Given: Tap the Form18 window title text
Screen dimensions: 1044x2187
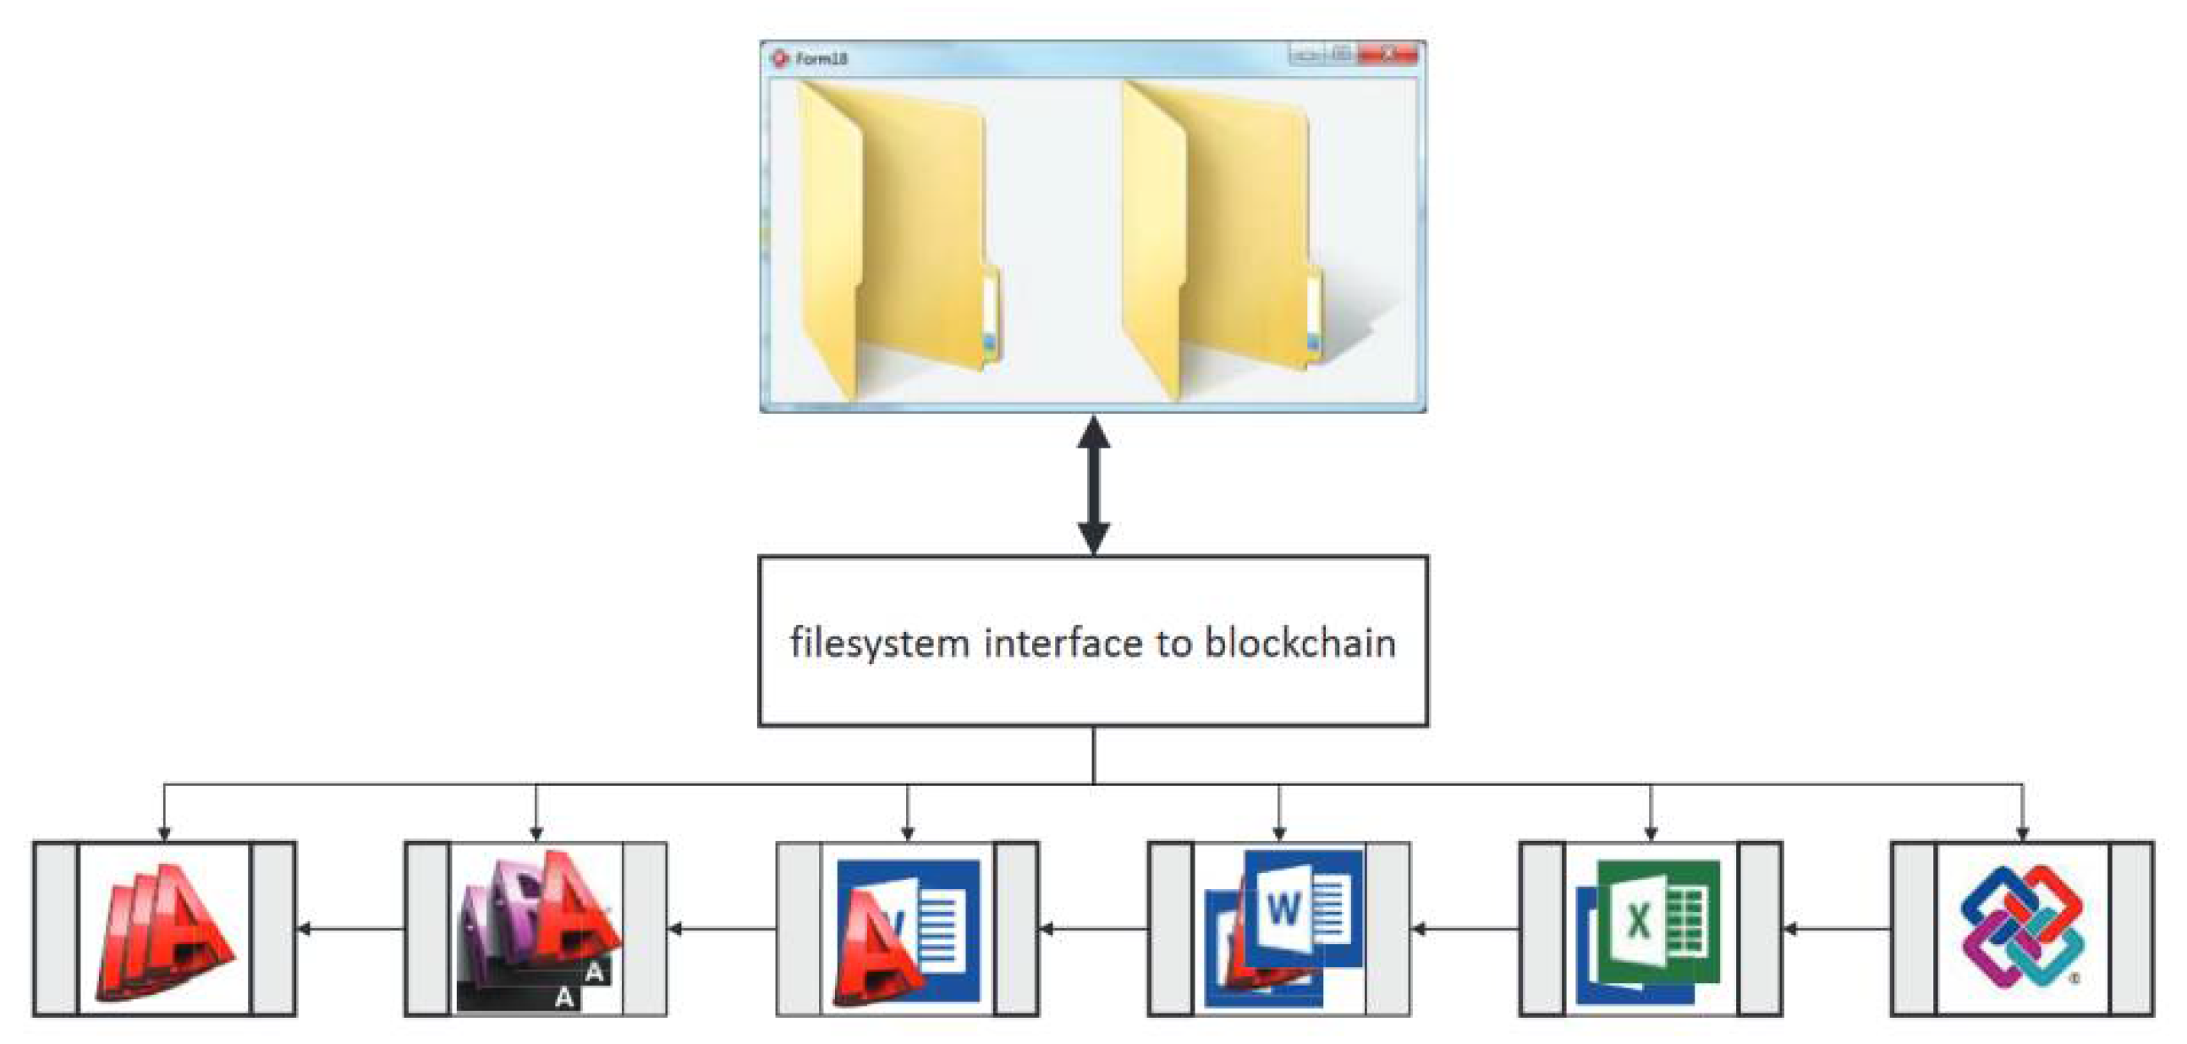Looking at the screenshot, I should (x=821, y=58).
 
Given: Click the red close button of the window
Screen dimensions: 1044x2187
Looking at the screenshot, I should (x=1387, y=54).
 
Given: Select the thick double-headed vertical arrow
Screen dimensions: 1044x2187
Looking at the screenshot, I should (x=1093, y=485).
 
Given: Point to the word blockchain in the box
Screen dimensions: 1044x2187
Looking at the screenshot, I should (x=1300, y=642).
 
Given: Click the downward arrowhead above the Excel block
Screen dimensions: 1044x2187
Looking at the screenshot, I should (x=1651, y=832).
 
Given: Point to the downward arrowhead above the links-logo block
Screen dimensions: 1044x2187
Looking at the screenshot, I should (x=2022, y=832).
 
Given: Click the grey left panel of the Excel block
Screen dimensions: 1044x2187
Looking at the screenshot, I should (x=1541, y=929).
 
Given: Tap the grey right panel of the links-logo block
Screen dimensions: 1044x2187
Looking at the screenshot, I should (x=2132, y=929).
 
